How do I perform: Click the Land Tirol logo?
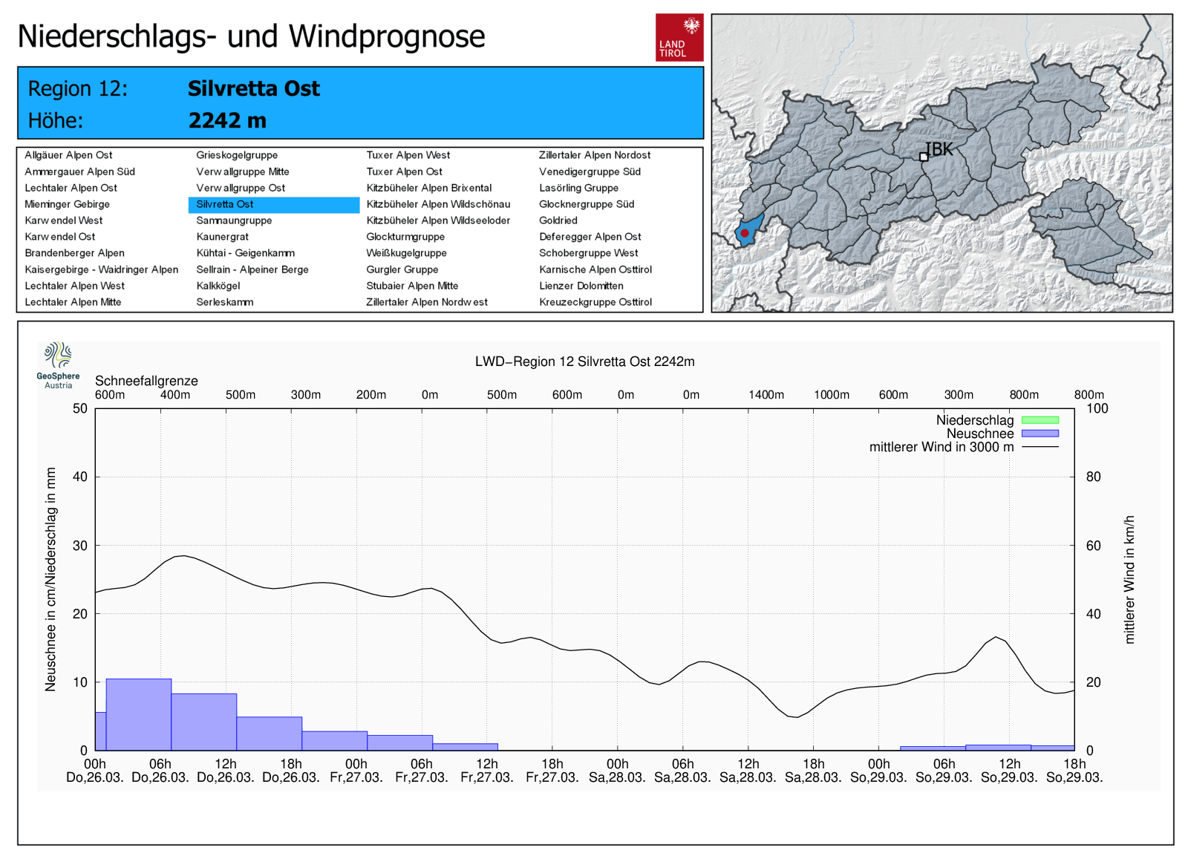pyautogui.click(x=679, y=37)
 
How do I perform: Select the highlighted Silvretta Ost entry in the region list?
pyautogui.click(x=225, y=204)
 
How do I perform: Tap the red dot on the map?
pyautogui.click(x=744, y=233)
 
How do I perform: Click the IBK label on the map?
pyautogui.click(x=939, y=149)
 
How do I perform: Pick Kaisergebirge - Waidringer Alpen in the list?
pyautogui.click(x=101, y=269)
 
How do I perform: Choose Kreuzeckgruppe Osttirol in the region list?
pyautogui.click(x=595, y=302)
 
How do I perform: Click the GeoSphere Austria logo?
pyautogui.click(x=58, y=365)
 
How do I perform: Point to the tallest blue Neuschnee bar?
pyautogui.click(x=139, y=714)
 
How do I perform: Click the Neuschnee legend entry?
pyautogui.click(x=980, y=434)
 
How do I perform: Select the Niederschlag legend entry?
pyautogui.click(x=975, y=420)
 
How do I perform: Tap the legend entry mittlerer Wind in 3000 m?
pyautogui.click(x=941, y=447)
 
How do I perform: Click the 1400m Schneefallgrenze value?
pyautogui.click(x=766, y=395)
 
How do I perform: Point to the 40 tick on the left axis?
pyautogui.click(x=80, y=477)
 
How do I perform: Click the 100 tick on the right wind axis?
pyautogui.click(x=1097, y=408)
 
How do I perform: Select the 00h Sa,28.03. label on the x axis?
pyautogui.click(x=617, y=771)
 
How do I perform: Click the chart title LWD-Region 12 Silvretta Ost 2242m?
pyautogui.click(x=584, y=362)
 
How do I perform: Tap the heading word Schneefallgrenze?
pyautogui.click(x=146, y=381)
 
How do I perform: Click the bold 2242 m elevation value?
pyautogui.click(x=227, y=120)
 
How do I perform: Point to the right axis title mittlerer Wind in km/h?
pyautogui.click(x=1129, y=579)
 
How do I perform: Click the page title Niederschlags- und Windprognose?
pyautogui.click(x=251, y=36)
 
